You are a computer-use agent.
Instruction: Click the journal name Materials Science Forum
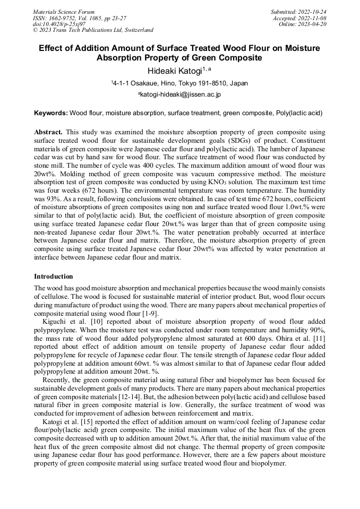point(64,12)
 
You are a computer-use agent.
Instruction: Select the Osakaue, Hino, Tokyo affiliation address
point(179,83)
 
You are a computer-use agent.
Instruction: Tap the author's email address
point(179,94)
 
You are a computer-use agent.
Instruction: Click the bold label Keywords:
point(51,113)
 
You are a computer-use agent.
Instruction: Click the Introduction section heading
point(54,277)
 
